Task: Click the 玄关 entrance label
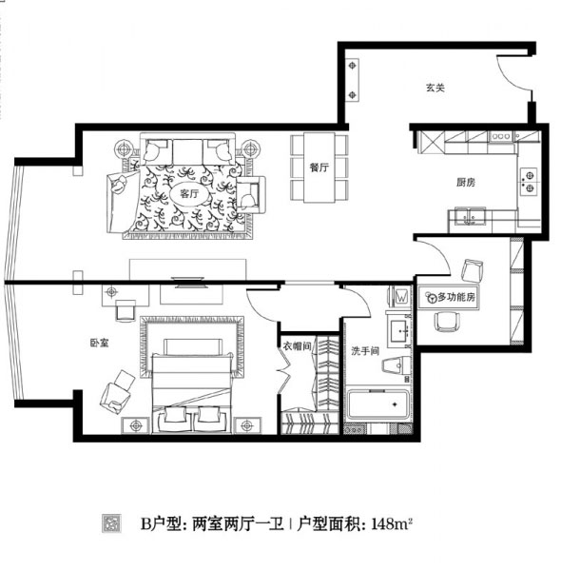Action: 435,88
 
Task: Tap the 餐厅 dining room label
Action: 319,167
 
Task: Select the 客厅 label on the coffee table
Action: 189,193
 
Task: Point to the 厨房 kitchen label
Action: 466,182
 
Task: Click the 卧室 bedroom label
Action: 99,343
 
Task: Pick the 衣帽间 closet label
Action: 298,346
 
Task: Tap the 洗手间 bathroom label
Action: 365,351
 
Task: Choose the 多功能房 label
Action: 456,297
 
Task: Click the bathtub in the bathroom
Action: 378,404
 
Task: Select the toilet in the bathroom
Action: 397,364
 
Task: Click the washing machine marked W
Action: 401,296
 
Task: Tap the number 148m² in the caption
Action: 392,524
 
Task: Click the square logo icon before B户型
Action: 111,523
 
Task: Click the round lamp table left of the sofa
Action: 125,149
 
